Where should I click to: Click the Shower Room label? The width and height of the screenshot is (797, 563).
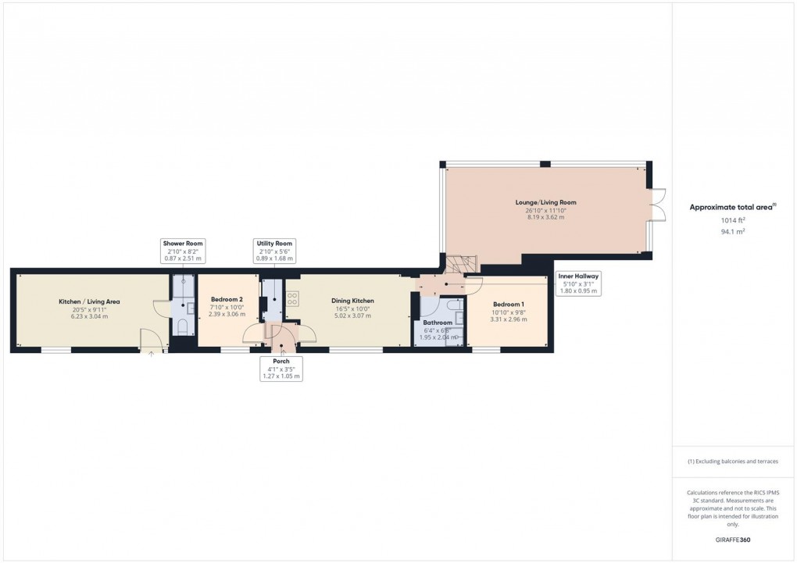[183, 244]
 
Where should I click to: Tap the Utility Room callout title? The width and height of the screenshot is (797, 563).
[274, 244]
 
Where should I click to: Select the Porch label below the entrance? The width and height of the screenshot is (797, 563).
[281, 362]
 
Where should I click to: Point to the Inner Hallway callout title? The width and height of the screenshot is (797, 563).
[578, 276]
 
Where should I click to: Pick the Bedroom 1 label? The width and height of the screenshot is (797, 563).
[508, 304]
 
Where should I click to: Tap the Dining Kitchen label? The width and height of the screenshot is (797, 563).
[352, 301]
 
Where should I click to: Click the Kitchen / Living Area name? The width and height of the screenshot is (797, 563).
[89, 301]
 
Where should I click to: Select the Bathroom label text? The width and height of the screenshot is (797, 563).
[438, 322]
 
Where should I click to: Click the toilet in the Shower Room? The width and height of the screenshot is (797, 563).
[181, 326]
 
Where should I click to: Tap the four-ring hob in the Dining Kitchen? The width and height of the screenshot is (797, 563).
[292, 298]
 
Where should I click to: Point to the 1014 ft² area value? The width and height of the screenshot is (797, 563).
[732, 220]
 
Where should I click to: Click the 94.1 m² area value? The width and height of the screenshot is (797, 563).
[732, 231]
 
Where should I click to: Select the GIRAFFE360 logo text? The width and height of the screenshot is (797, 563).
[733, 540]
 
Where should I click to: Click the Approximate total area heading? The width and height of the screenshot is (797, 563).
[731, 207]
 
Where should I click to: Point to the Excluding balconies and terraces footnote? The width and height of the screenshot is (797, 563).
[732, 461]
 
